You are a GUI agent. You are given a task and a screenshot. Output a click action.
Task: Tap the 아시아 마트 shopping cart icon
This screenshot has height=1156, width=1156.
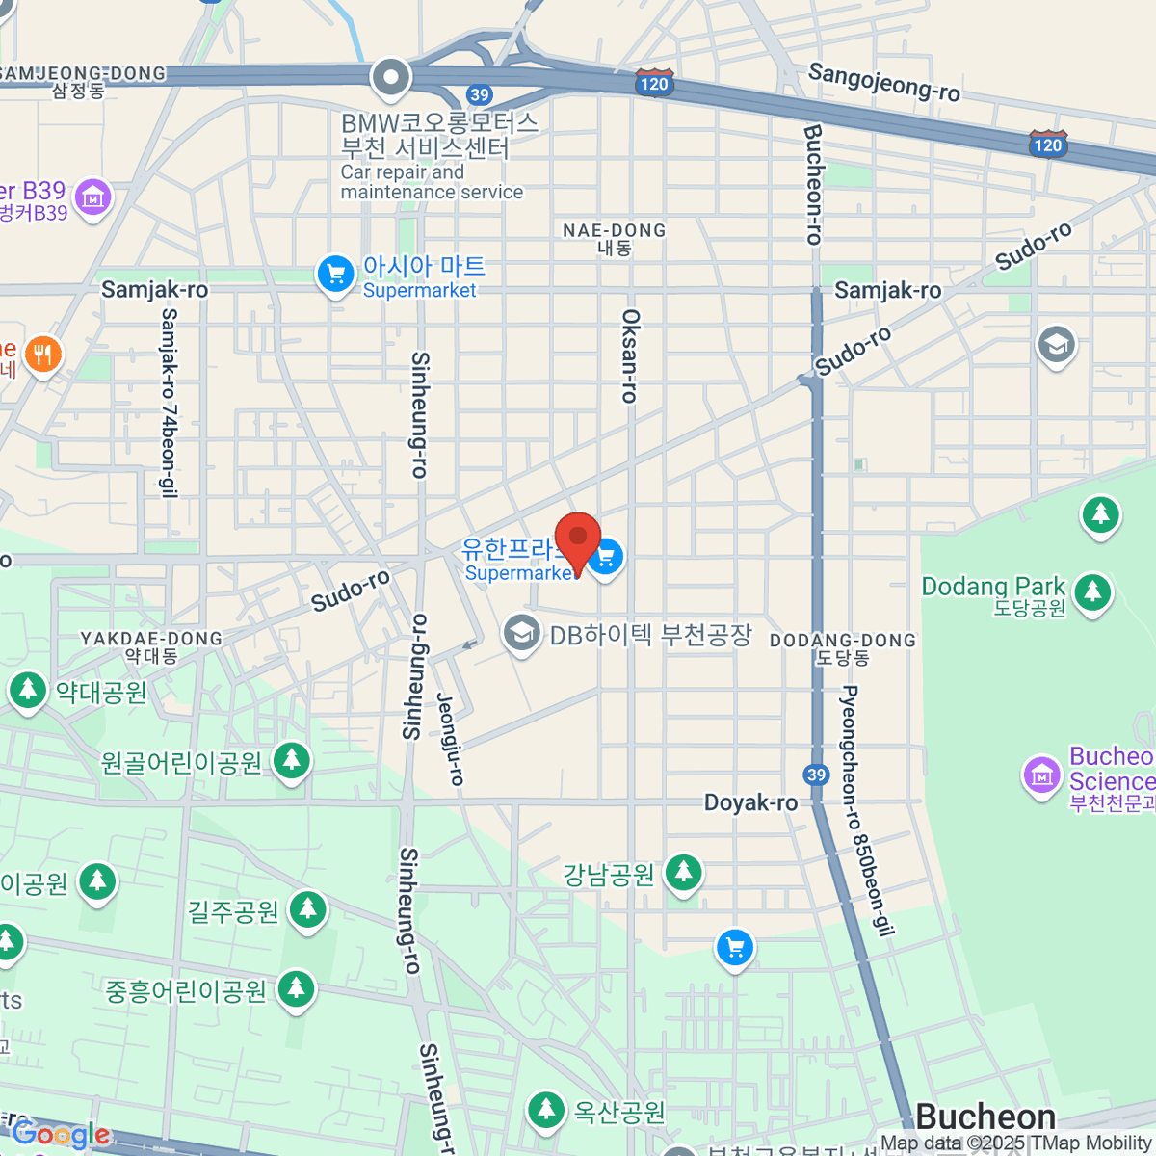point(335,275)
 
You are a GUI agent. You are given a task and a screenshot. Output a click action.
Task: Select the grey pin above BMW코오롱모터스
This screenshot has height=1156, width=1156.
point(391,77)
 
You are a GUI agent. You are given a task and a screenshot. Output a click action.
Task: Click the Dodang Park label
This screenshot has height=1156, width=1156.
point(992,587)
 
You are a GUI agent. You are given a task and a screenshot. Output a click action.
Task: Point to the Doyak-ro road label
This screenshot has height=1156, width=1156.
point(750,802)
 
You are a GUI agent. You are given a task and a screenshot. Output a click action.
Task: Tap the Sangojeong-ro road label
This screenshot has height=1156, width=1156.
point(883,82)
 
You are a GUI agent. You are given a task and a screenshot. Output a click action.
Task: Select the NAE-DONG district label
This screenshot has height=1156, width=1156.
point(615,230)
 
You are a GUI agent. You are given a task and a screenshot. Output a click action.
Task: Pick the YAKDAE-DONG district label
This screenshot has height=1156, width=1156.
point(151,639)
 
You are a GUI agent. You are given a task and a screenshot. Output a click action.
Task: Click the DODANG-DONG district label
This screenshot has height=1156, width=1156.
point(843,641)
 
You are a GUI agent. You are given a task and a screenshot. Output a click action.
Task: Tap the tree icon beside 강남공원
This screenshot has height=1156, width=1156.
point(683,873)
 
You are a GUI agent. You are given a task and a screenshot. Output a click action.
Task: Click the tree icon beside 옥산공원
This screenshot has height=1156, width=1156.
point(545,1110)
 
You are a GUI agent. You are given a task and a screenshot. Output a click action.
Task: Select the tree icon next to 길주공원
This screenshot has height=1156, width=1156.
point(307,908)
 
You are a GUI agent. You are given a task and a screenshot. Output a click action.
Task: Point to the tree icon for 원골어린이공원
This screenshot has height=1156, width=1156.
point(291,761)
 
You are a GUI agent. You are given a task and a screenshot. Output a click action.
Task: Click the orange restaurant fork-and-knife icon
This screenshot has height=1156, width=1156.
point(41,355)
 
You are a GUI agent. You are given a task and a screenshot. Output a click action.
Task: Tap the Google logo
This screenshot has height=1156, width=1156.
point(61,1135)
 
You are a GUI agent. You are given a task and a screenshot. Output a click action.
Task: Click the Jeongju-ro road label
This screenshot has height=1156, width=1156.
point(450,739)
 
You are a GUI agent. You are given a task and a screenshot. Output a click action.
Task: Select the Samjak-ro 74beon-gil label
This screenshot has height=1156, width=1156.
point(170,403)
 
